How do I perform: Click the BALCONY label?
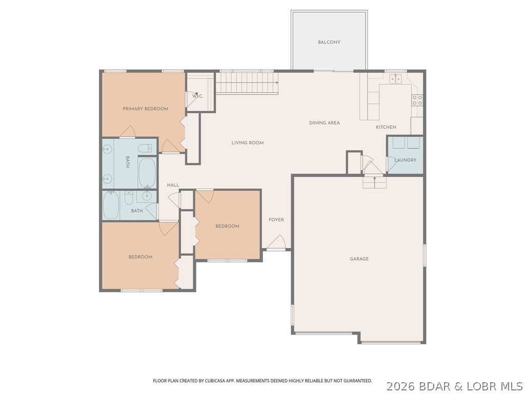(x=329, y=42)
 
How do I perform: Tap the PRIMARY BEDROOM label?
(x=145, y=109)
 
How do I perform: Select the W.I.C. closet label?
(x=197, y=96)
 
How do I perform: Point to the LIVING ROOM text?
(x=247, y=143)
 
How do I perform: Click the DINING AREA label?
(x=324, y=123)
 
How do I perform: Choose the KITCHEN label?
(x=386, y=127)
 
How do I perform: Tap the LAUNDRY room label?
(x=405, y=160)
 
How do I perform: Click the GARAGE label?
(x=359, y=259)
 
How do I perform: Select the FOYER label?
(x=276, y=220)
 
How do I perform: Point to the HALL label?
(x=173, y=185)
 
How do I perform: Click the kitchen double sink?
(x=395, y=78)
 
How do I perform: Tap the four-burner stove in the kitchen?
(x=417, y=100)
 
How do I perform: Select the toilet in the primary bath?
(x=146, y=149)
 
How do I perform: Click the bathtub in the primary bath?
(x=147, y=172)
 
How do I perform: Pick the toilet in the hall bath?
(x=129, y=198)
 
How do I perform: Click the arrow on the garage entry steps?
(x=374, y=180)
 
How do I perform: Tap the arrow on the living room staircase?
(x=276, y=82)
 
